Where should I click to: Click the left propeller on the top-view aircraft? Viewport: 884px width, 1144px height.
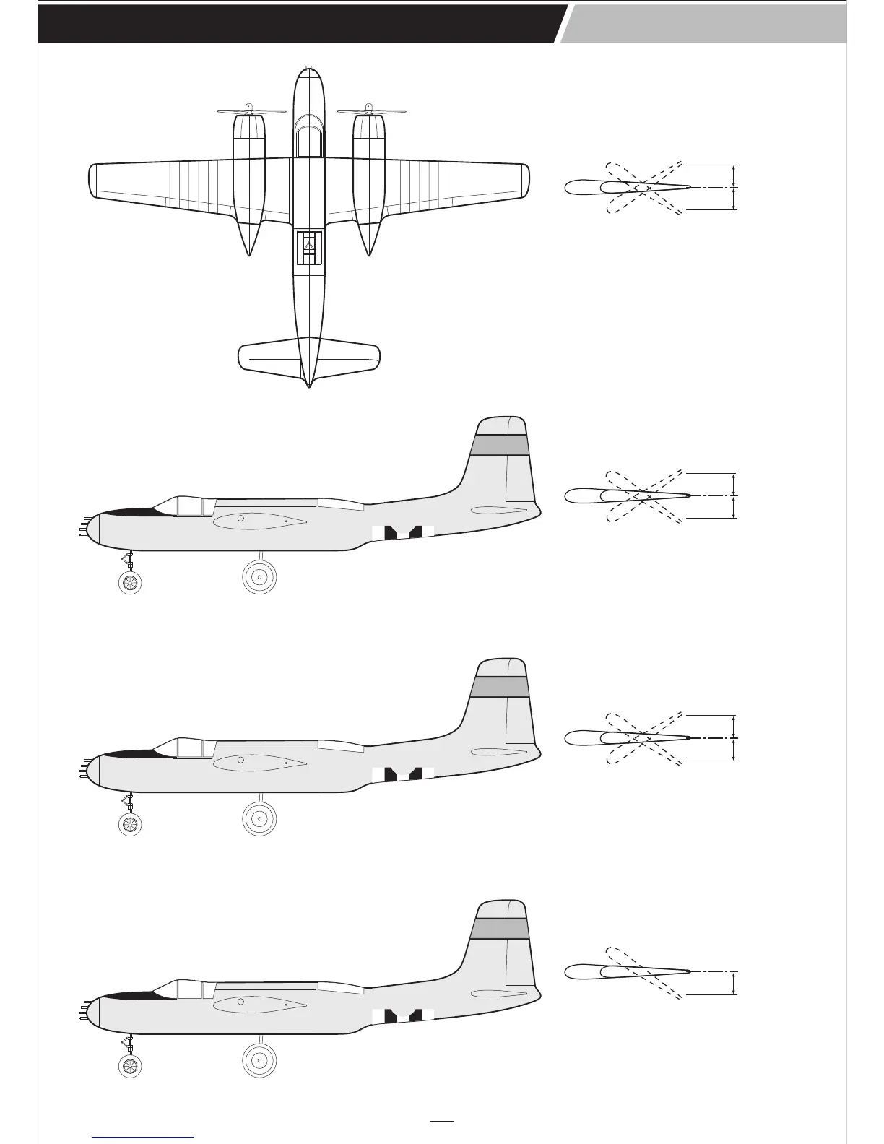pyautogui.click(x=251, y=112)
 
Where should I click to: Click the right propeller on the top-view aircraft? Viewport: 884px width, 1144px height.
pyautogui.click(x=370, y=112)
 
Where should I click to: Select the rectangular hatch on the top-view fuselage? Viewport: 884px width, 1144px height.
pyautogui.click(x=309, y=247)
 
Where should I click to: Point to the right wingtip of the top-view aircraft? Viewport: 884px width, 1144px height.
pyautogui.click(x=525, y=181)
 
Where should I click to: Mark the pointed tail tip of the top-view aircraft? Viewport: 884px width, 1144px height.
pyautogui.click(x=309, y=385)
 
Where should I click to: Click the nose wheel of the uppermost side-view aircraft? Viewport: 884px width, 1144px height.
pyautogui.click(x=130, y=582)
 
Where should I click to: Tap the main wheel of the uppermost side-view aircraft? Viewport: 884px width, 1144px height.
pyautogui.click(x=259, y=576)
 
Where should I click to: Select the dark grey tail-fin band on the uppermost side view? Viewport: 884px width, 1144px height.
pyautogui.click(x=500, y=445)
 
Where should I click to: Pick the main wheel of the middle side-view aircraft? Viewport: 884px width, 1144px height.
pyautogui.click(x=259, y=818)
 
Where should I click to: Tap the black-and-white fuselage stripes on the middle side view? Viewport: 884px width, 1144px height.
pyautogui.click(x=404, y=773)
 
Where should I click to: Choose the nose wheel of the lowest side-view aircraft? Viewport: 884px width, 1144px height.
pyautogui.click(x=130, y=1067)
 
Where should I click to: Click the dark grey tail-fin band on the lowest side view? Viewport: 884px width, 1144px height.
pyautogui.click(x=498, y=928)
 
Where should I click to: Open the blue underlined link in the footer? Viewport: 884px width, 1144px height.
pyautogui.click(x=143, y=1137)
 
